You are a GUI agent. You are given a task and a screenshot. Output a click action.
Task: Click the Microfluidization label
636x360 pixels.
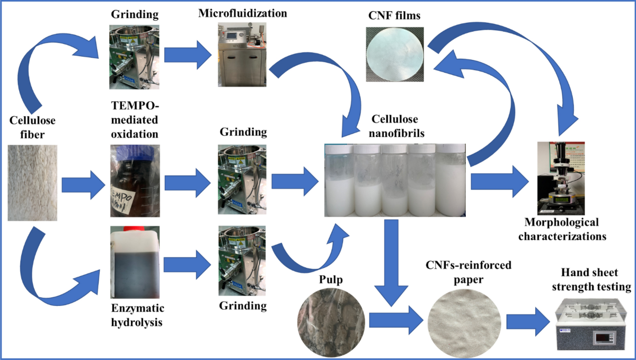click(x=243, y=13)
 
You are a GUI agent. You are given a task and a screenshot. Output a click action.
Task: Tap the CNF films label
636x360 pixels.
click(x=393, y=16)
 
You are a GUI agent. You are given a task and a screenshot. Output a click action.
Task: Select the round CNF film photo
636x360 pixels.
click(x=396, y=54)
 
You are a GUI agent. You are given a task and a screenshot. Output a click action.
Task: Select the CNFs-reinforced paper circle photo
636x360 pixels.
click(x=463, y=320)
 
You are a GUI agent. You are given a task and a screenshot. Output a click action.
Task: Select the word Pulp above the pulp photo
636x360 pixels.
click(x=329, y=278)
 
